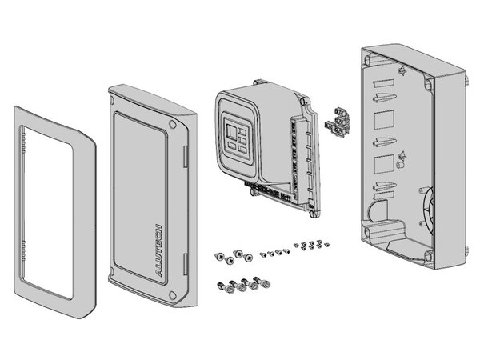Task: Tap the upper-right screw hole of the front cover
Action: coord(174,126)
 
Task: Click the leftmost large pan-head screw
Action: coord(220,256)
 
